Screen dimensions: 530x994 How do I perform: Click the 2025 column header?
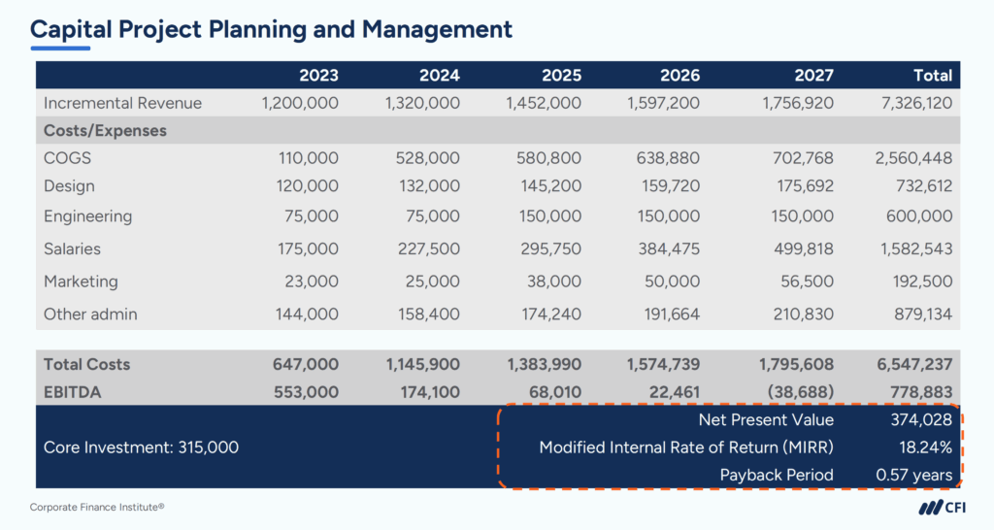coord(561,75)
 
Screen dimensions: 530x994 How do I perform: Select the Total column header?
coord(933,75)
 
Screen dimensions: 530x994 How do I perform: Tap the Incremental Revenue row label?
coord(122,103)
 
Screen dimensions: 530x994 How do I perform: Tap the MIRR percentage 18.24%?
coord(927,447)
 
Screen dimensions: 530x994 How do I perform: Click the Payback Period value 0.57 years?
coord(913,476)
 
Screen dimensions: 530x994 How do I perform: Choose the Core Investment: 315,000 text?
coord(142,447)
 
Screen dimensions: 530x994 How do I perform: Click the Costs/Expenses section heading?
coord(105,130)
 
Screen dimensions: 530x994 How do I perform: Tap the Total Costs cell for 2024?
coord(423,364)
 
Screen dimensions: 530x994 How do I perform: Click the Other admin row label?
coord(90,315)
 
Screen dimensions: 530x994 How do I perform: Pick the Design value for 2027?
coord(800,185)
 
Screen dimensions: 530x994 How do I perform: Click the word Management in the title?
coord(437,29)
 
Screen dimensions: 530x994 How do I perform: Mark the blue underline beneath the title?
coord(60,48)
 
